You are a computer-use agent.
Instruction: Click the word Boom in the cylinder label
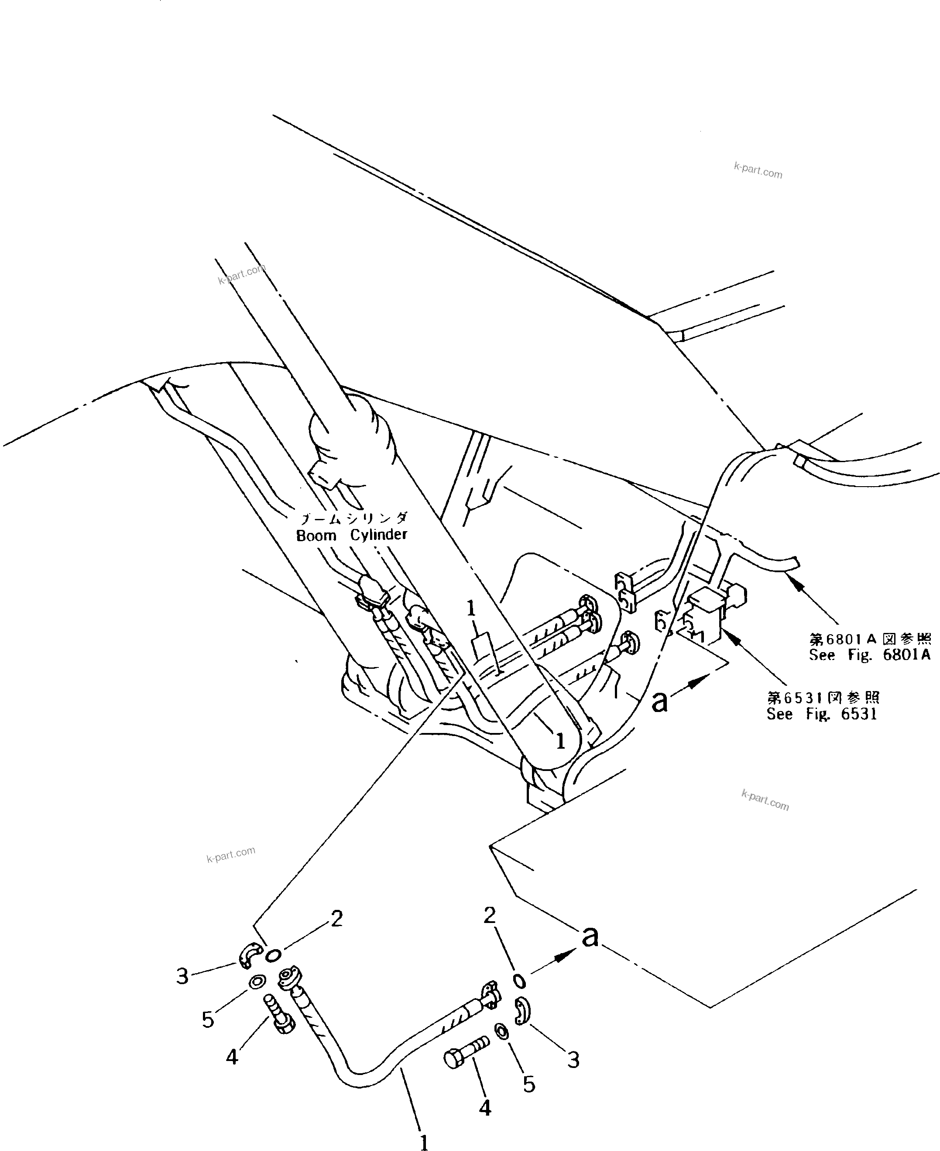316,536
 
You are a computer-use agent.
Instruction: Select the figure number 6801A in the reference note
906,655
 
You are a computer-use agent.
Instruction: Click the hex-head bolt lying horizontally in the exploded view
465,1051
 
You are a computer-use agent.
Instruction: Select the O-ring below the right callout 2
518,980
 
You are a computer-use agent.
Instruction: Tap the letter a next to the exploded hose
590,937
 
